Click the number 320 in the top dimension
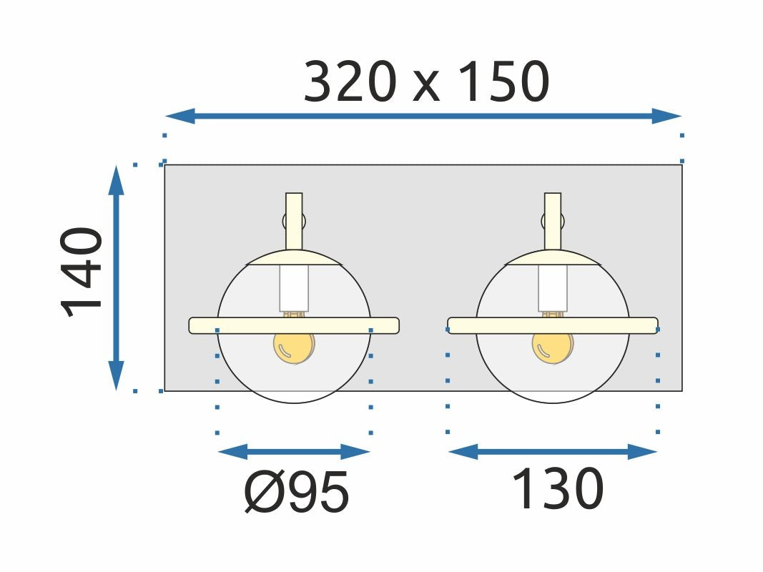tap(348, 82)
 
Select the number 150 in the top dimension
tap(504, 82)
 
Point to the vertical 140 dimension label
tap(82, 272)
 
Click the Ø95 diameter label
tap(296, 492)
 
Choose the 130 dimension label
tap(558, 488)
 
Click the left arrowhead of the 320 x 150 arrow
tap(180, 117)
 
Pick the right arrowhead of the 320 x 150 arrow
tap(666, 117)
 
